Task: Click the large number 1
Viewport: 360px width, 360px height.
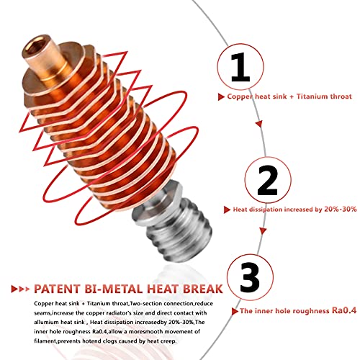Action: click(240, 68)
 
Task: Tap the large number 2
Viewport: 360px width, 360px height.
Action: click(267, 180)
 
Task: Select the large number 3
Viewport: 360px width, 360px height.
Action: click(250, 277)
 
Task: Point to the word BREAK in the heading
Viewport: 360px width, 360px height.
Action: click(203, 289)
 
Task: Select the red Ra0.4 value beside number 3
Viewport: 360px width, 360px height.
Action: click(344, 310)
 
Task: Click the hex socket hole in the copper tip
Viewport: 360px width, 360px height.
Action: click(34, 45)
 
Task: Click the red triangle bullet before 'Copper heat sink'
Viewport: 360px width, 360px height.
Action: click(221, 97)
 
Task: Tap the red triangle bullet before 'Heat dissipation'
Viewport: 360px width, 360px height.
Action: click(227, 210)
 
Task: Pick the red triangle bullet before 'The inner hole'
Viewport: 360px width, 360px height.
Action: click(235, 311)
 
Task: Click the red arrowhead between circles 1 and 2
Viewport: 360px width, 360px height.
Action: click(259, 124)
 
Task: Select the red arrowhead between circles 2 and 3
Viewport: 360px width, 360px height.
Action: click(263, 231)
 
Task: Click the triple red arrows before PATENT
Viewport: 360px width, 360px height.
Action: click(21, 289)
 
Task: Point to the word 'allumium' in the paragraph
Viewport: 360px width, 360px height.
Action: click(46, 322)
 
